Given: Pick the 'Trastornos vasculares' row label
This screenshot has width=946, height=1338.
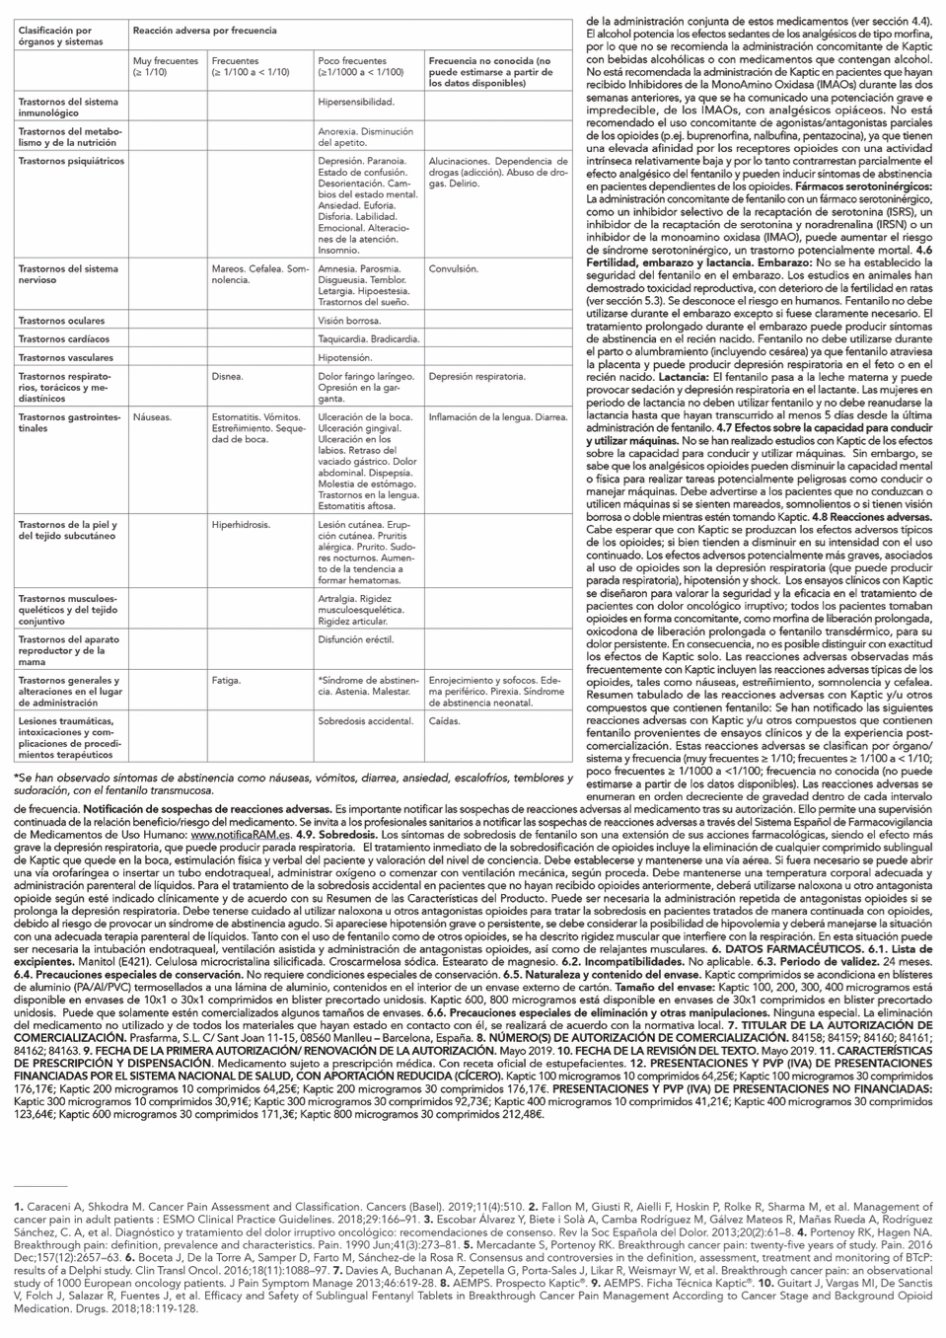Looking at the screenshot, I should point(66,357).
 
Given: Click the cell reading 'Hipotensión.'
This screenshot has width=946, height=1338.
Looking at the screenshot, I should point(345,357).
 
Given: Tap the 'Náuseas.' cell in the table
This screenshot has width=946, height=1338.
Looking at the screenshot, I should point(153,417).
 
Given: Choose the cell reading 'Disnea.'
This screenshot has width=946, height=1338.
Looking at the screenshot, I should point(227,377).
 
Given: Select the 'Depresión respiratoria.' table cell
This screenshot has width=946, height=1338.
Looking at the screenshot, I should point(477,377).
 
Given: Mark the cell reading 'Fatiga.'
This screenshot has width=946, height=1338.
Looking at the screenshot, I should point(227,681).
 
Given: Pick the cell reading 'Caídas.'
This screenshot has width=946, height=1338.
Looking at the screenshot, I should point(445,721).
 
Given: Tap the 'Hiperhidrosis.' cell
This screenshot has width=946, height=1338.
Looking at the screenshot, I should point(241,525).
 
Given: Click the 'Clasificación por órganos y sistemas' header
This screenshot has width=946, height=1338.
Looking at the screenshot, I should point(55,37).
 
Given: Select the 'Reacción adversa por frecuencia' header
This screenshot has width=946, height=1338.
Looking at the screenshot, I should point(205,31).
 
